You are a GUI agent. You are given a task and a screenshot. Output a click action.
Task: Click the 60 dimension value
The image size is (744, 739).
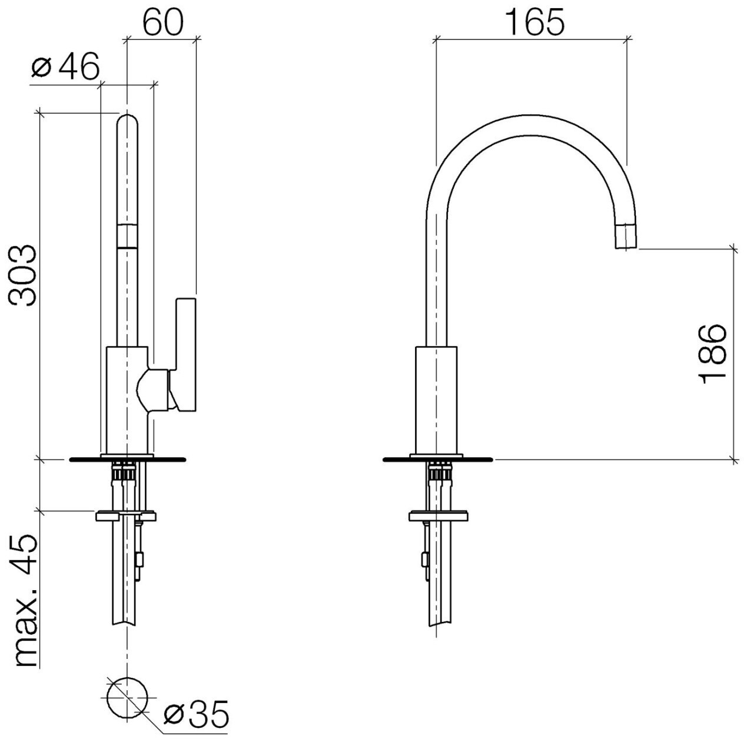(x=162, y=22)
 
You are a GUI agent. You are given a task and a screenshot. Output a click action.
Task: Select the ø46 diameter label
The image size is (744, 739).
(x=65, y=68)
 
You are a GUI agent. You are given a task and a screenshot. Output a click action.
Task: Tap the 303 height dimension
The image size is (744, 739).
(x=24, y=275)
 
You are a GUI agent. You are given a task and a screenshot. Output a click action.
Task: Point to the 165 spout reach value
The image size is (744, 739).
(x=534, y=22)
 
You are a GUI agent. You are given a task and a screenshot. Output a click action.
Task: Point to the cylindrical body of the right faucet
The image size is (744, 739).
(x=436, y=400)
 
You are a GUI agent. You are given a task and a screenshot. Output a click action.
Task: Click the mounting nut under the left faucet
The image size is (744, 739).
(x=126, y=517)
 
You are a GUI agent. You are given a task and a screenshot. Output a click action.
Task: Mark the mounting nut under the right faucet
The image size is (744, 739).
(x=439, y=517)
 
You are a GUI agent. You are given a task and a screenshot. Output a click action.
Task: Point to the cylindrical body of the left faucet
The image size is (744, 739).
(x=126, y=400)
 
